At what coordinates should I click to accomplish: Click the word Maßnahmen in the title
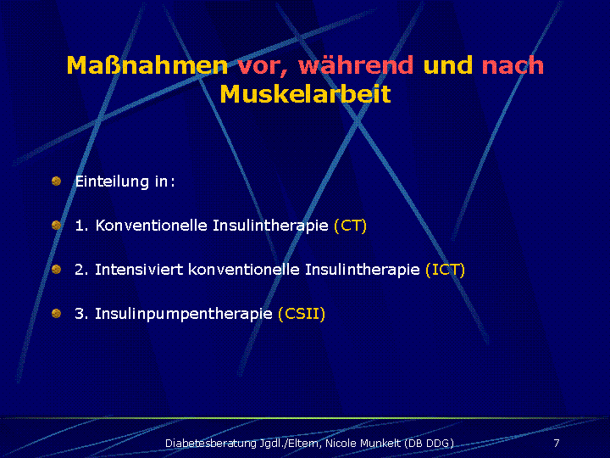coord(147,65)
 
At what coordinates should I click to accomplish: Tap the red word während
coord(356,65)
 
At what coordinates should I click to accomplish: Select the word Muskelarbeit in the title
coord(305,94)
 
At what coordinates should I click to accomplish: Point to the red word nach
coord(513,65)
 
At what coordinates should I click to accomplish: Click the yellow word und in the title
coord(448,65)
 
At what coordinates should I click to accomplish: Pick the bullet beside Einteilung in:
coord(57,182)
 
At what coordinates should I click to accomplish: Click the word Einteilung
coord(112,182)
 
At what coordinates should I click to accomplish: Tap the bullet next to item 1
coord(57,225)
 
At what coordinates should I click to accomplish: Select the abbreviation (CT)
coord(351,226)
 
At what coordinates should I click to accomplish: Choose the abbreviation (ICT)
coord(446,270)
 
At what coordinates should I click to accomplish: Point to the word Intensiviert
coord(139,270)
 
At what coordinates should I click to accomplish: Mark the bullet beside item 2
coord(57,269)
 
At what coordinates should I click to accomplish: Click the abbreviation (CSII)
coord(302,314)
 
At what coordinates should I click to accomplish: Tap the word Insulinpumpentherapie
coord(184,315)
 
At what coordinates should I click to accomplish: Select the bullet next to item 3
coord(57,313)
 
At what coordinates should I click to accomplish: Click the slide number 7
coord(557,443)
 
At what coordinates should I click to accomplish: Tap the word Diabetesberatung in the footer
coord(211,444)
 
